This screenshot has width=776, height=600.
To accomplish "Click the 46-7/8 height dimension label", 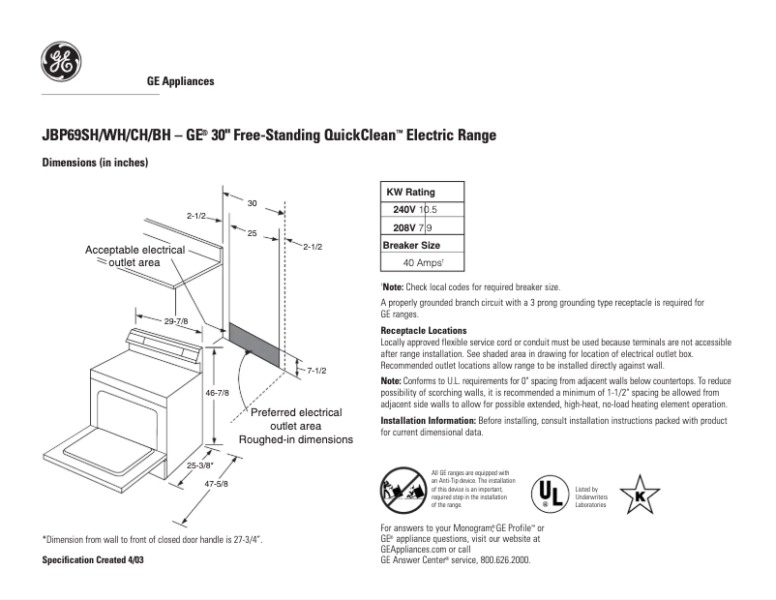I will [x=218, y=393].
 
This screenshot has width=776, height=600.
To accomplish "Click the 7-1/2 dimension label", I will [x=317, y=371].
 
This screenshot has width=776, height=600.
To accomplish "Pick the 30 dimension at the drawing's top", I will [x=252, y=203].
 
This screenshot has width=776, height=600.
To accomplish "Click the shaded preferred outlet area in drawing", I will [x=257, y=344].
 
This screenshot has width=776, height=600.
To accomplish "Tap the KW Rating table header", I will [x=410, y=193].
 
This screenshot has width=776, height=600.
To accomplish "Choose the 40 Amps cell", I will [x=422, y=262].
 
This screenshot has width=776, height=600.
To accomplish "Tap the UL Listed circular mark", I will [x=549, y=492].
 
